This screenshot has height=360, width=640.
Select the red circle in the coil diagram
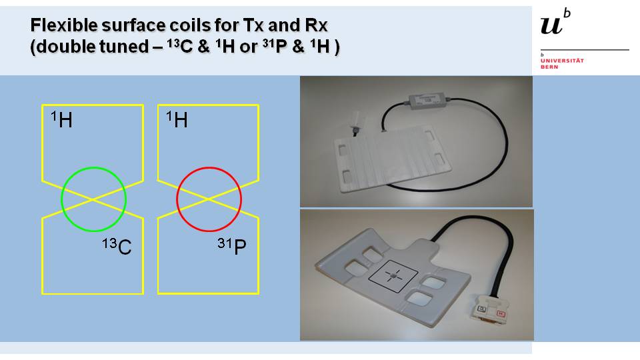(x=179, y=190)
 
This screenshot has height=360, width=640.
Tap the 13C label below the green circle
(x=117, y=247)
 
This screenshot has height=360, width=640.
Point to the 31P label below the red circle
(x=232, y=247)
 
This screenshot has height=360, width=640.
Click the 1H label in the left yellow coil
(x=62, y=121)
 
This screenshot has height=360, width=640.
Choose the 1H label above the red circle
(x=177, y=121)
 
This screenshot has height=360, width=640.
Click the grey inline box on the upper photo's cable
(x=424, y=101)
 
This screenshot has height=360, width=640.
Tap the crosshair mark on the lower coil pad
(x=395, y=275)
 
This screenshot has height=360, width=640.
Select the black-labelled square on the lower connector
(x=481, y=309)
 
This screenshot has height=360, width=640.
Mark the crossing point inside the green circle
(x=93, y=199)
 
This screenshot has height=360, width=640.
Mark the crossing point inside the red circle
(x=209, y=199)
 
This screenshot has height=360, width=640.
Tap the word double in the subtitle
(x=58, y=49)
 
